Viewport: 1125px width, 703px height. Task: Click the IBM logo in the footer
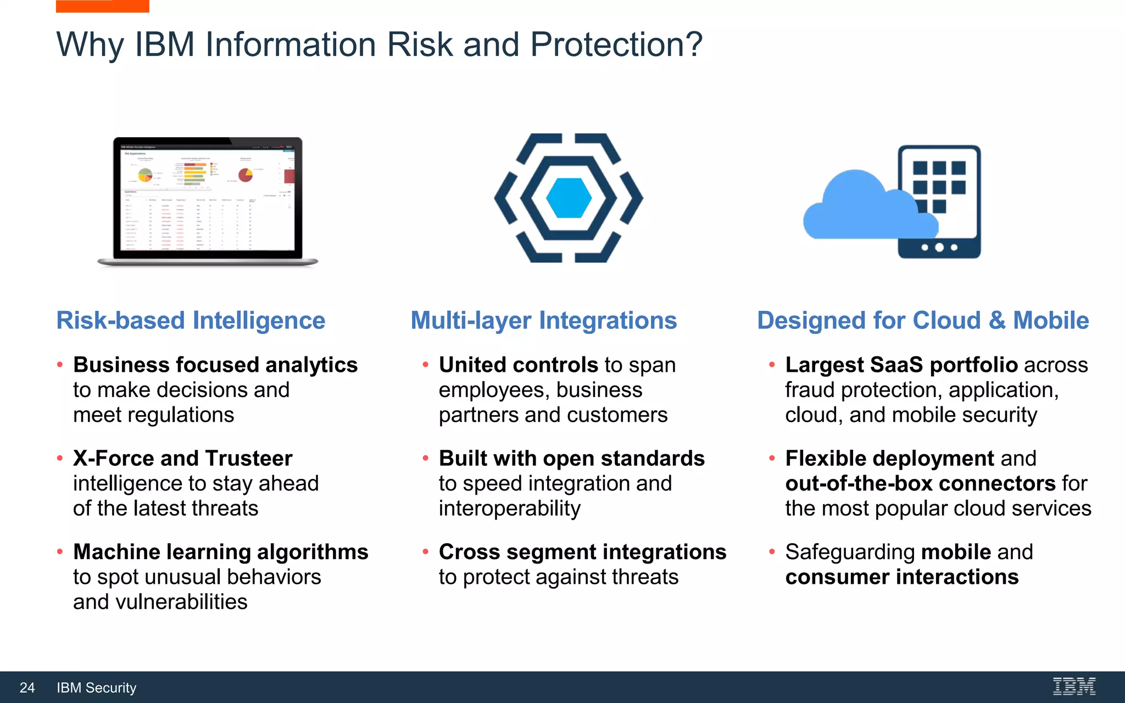[1074, 687]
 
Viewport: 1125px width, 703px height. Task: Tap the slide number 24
[27, 688]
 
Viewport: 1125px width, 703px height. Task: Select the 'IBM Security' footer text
[97, 688]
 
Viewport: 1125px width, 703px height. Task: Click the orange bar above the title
[102, 6]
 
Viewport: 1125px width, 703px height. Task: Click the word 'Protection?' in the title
[616, 44]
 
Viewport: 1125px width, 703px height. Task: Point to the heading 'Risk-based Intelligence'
[191, 320]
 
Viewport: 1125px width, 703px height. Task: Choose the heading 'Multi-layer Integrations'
[543, 320]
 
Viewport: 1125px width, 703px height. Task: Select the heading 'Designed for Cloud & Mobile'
[922, 320]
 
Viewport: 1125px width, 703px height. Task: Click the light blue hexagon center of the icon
[569, 198]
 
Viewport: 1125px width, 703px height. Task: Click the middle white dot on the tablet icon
[939, 248]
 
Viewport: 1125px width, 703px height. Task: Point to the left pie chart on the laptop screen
[145, 175]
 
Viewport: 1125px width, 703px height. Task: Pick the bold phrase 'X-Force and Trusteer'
[182, 458]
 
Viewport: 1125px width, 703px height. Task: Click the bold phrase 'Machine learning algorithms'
[220, 551]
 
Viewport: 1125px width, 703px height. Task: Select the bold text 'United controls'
[518, 365]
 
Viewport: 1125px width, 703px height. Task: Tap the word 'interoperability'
[509, 509]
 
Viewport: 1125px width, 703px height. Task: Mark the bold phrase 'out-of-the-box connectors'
[920, 483]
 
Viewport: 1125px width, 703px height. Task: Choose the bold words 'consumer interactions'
[901, 577]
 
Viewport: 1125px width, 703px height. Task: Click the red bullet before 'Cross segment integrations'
[425, 551]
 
